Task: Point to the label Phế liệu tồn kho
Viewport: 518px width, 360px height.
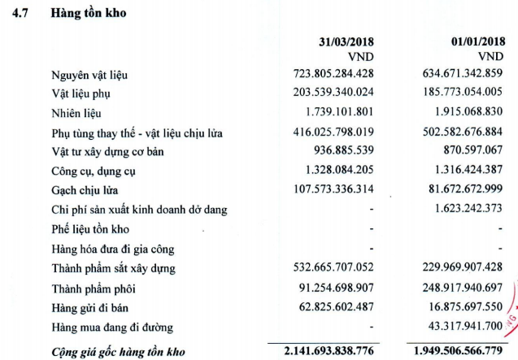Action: coord(89,229)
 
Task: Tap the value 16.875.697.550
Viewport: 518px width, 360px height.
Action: coord(458,306)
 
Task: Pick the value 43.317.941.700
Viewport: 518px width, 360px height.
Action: coord(458,326)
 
